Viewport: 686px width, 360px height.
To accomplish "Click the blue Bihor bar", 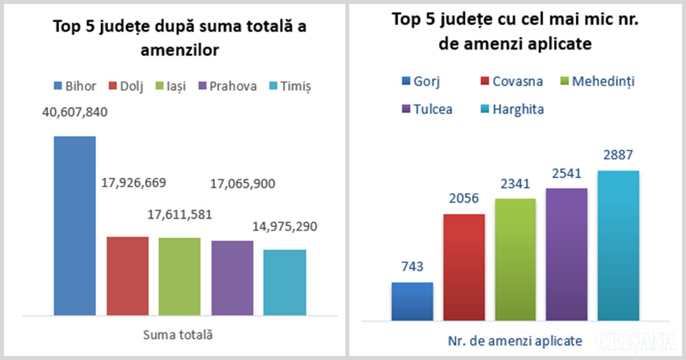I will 74,226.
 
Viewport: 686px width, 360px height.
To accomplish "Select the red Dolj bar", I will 127,275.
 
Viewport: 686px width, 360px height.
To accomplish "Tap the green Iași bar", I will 180,276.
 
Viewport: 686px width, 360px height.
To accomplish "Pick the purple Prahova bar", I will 232,278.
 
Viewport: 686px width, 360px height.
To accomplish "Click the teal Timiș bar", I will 285,282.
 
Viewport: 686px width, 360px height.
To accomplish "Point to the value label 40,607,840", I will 75,112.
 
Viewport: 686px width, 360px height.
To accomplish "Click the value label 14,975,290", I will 285,226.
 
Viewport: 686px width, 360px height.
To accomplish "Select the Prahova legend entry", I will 226,86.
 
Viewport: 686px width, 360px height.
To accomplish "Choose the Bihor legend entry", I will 75,86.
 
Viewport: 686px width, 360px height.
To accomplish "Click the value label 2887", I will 619,155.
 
